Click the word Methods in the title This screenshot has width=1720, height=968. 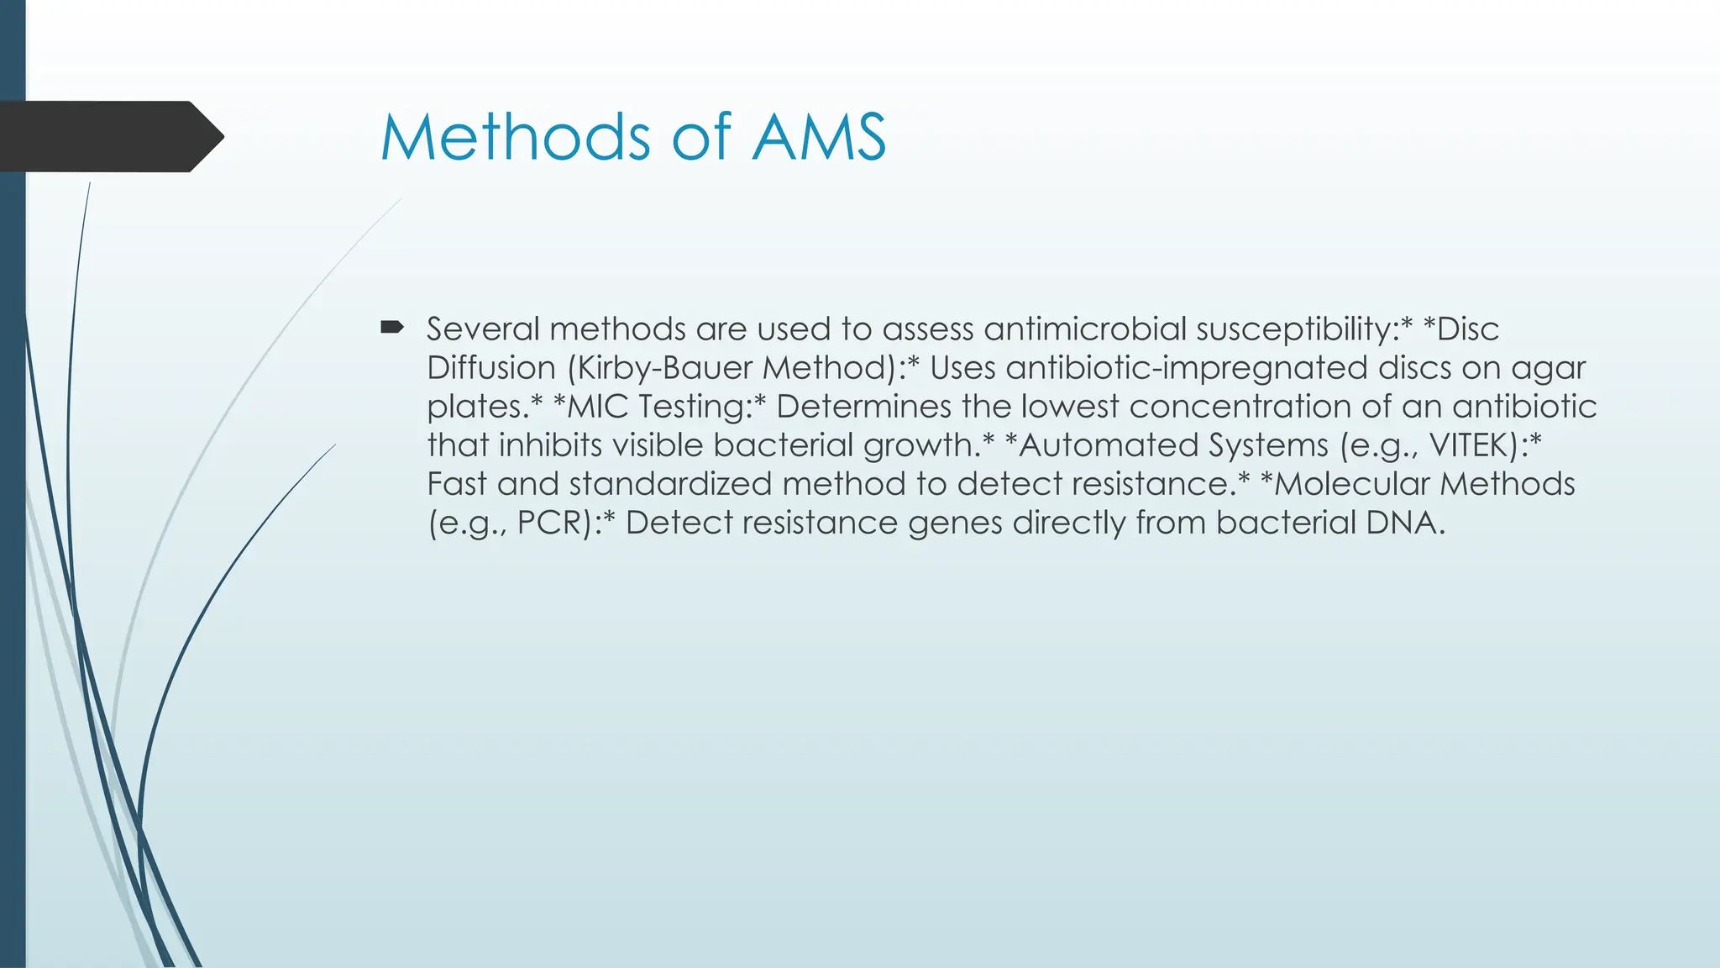tap(515, 137)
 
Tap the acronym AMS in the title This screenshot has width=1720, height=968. tap(819, 137)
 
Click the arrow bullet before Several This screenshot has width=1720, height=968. tap(392, 327)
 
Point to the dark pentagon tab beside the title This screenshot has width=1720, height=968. tap(109, 136)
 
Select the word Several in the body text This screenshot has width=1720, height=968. tap(483, 329)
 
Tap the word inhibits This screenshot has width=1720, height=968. tap(550, 445)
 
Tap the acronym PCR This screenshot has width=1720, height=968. tap(550, 523)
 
